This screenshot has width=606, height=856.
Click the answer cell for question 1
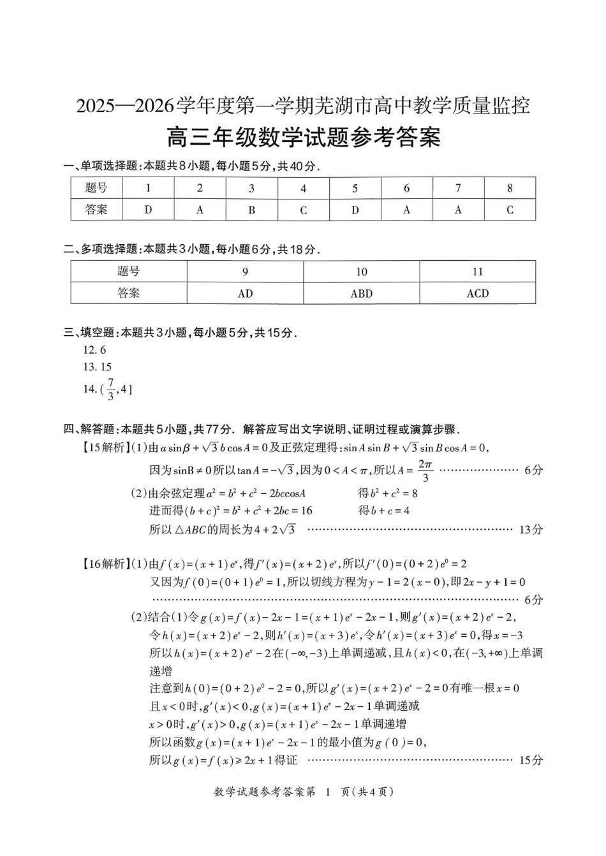coord(148,210)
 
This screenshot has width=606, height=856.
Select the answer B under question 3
coord(251,210)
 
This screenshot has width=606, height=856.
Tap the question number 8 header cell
coord(510,188)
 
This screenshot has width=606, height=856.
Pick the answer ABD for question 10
coord(361,293)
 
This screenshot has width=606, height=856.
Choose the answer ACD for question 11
coord(477,293)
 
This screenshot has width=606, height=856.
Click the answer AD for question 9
coord(245,293)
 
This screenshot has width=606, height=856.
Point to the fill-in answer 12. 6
coord(94,350)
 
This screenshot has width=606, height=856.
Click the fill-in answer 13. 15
coord(97,367)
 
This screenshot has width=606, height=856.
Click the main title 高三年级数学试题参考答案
coord(303,137)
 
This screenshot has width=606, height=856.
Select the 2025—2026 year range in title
coord(125,106)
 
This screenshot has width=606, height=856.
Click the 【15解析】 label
coord(103,447)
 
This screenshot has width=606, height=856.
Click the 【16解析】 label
coord(103,564)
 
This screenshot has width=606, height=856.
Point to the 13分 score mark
coord(531,529)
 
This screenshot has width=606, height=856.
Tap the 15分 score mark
coord(531,760)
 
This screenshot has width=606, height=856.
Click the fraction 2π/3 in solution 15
coord(425,470)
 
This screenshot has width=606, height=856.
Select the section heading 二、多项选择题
coord(100,249)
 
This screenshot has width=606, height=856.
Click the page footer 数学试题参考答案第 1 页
coord(303,792)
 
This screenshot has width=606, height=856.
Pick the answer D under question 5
coord(355,210)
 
